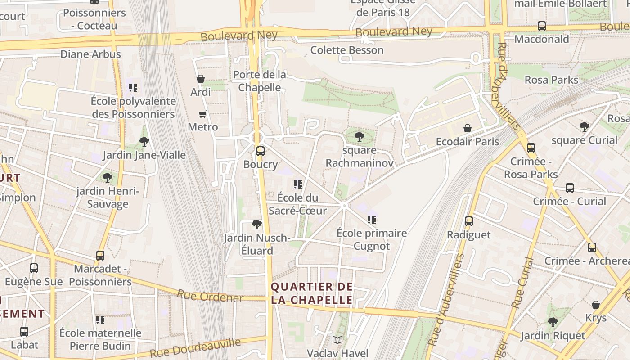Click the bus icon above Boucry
point(260,151)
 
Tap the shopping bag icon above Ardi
point(201,79)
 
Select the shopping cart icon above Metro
point(202,114)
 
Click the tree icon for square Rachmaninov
point(359,136)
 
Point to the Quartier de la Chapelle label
point(312,293)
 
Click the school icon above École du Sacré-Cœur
point(297,184)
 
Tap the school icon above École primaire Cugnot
point(371,220)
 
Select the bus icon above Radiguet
point(468,221)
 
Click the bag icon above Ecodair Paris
point(468,129)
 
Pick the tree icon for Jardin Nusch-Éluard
point(256,225)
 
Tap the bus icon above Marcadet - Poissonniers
point(100,256)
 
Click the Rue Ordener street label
point(210,296)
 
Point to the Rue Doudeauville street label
point(195,347)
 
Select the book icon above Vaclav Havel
point(337,340)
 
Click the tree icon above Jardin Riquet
point(553,322)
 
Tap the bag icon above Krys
point(595,305)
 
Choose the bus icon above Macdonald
point(541,26)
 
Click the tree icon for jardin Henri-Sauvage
point(107,177)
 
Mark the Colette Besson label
point(347,50)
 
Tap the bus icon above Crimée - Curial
point(569,188)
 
